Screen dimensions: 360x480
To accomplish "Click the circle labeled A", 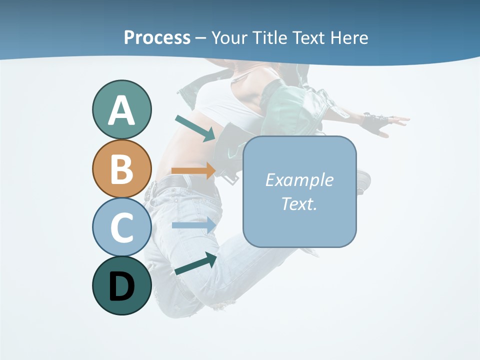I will click(x=121, y=109).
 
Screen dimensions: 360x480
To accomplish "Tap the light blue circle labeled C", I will click(x=121, y=227).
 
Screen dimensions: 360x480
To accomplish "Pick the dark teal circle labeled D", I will click(x=121, y=285).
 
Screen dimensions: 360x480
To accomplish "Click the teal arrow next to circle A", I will click(x=195, y=128).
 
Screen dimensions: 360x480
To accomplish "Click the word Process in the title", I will click(x=157, y=37).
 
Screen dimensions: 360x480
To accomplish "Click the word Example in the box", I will click(x=299, y=180).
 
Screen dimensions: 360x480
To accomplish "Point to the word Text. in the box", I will click(x=299, y=204).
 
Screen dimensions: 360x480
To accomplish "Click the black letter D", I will click(x=121, y=287).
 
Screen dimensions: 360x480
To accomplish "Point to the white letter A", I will click(x=121, y=110).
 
